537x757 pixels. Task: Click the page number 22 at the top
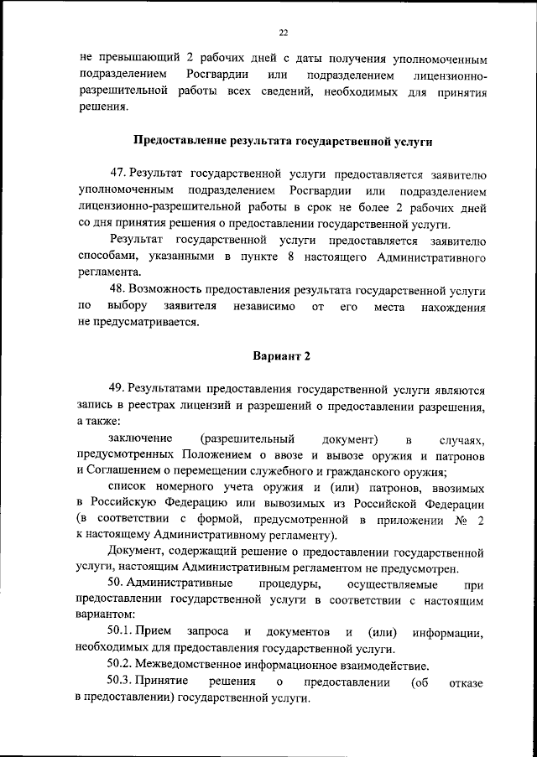tap(283, 32)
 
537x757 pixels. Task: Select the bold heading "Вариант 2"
tap(282, 355)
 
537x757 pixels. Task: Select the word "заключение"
tap(140, 439)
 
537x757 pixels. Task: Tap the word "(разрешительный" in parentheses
tap(247, 439)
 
